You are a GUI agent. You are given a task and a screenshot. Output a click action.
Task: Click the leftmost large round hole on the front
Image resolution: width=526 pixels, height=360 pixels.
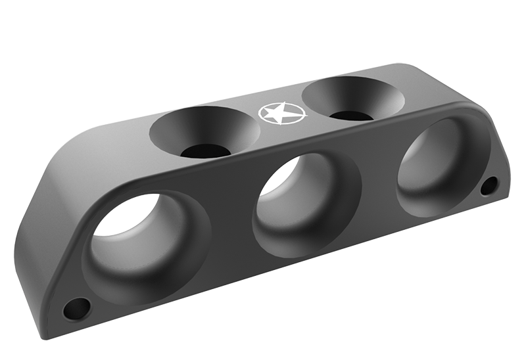pyautogui.click(x=146, y=236)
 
